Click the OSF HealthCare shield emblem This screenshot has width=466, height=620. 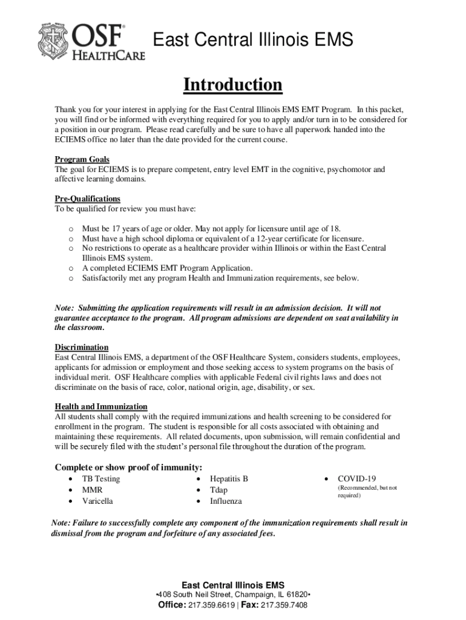point(54,41)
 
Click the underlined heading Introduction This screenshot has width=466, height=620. point(233,85)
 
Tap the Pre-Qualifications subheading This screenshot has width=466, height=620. point(88,199)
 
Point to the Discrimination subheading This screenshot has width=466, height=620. point(82,347)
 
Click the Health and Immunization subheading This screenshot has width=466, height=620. point(101,406)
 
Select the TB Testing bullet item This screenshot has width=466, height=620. point(100,479)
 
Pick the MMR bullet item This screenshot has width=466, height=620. point(92,490)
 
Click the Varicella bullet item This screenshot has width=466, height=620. point(97,501)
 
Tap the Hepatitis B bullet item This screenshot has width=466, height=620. point(229,479)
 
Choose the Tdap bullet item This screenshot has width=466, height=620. point(219,490)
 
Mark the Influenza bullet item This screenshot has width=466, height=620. point(226,501)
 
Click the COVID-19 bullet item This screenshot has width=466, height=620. point(357,479)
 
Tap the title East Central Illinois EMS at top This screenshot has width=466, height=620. point(252,41)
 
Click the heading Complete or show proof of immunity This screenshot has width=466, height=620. point(128,467)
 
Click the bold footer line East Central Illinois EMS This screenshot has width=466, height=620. point(233,585)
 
